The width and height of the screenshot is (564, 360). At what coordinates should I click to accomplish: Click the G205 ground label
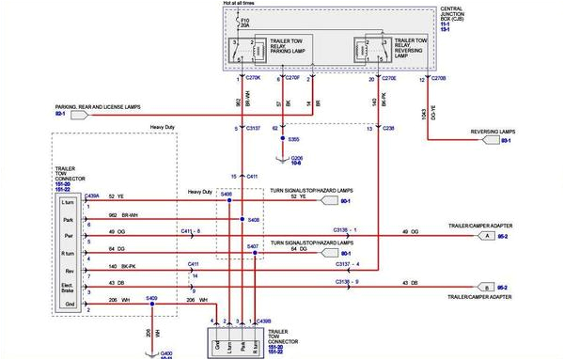[x=298, y=159]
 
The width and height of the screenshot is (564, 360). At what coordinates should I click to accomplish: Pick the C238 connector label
[x=389, y=127]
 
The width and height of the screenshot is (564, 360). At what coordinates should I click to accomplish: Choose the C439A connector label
[x=91, y=196]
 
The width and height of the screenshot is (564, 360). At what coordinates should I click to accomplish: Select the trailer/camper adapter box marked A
[x=488, y=237]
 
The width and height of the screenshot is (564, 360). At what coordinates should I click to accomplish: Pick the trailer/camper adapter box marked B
[x=488, y=287]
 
